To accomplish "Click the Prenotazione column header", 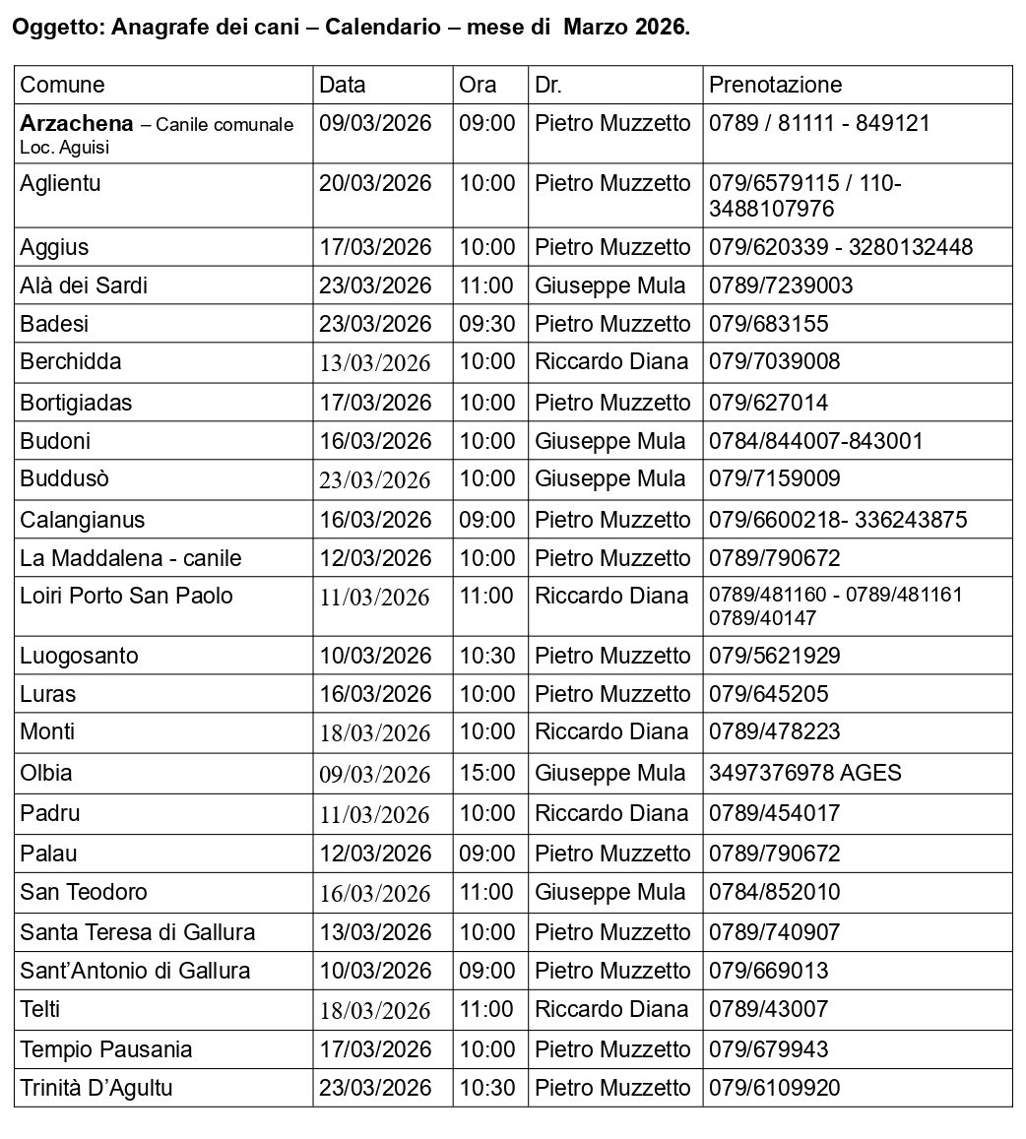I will coord(775,85).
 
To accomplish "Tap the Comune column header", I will coord(62,85).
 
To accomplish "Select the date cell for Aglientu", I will coord(375,183).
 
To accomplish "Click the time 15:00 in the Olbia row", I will coord(486,773).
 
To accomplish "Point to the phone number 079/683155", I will coord(768,324).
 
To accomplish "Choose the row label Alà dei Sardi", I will coord(84,285).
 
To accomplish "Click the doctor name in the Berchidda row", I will coord(610,361).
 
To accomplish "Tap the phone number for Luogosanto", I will coord(774,656).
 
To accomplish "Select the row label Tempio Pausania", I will coord(106,1049).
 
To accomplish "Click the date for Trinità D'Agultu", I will coord(375,1088).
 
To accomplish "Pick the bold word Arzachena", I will coord(77,124).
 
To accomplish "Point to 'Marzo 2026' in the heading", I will coord(624,28).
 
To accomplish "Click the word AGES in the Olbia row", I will coord(870,773).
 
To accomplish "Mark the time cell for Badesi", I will coord(486,324).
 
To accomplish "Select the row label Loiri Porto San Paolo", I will coord(127,596).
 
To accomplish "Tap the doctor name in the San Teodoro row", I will coord(609,892).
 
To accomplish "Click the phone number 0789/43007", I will coord(768,1009).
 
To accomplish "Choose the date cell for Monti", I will coord(375,733).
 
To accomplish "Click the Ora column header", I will coord(478,85).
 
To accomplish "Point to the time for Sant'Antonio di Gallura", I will coord(486,971).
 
